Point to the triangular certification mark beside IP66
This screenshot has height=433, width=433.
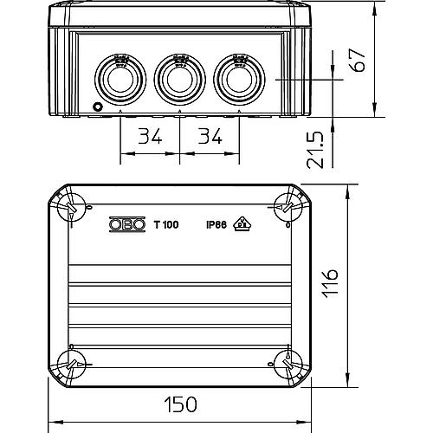(x=244, y=224)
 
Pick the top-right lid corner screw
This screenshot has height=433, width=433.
(x=285, y=206)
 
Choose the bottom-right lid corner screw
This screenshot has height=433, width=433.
(x=285, y=364)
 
